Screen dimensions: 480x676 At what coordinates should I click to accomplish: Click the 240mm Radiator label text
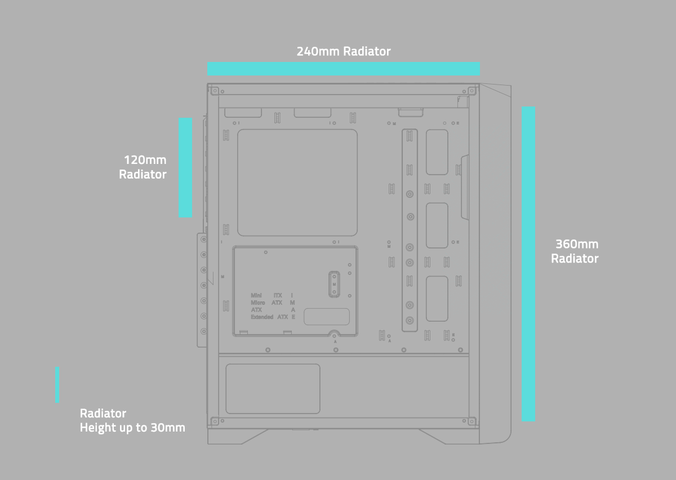[x=344, y=52]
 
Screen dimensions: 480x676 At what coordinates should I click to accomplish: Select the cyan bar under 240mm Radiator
[x=344, y=69]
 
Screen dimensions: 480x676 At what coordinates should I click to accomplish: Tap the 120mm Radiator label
[x=143, y=167]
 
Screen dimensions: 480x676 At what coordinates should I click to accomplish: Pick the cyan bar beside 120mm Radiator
[x=185, y=167]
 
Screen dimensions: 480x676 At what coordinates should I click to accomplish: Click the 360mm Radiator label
[x=575, y=251]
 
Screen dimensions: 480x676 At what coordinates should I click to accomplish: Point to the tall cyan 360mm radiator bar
[x=528, y=264]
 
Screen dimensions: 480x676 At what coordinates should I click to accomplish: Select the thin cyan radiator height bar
[x=57, y=385]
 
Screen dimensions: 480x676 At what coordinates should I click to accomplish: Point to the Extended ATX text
[x=269, y=317]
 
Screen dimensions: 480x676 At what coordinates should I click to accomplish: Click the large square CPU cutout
[x=297, y=183]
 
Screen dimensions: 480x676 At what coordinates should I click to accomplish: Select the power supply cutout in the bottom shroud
[x=273, y=389]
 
